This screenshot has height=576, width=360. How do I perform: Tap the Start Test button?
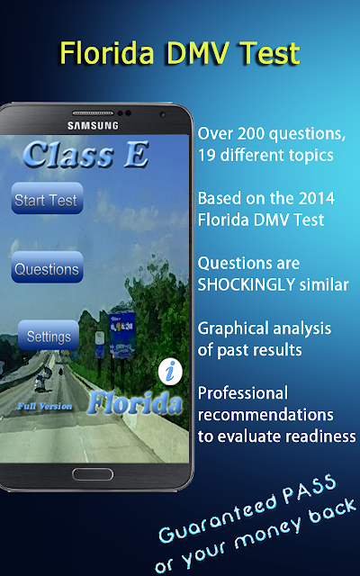(47, 198)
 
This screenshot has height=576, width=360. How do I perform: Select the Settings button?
(49, 336)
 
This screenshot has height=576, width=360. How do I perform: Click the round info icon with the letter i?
(170, 372)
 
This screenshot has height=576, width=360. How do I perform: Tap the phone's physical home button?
(93, 474)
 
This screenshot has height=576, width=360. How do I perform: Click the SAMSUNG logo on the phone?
(93, 126)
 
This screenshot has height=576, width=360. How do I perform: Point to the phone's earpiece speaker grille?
(93, 113)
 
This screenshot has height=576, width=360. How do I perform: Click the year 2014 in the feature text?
(316, 198)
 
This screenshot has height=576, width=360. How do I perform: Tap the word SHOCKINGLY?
(246, 284)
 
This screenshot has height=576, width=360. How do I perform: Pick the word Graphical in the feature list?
(234, 329)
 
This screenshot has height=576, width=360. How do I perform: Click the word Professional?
(243, 393)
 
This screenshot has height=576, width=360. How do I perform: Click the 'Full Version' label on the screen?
(45, 406)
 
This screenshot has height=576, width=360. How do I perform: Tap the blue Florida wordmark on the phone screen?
(135, 404)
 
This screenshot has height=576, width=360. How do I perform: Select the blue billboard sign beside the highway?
(122, 334)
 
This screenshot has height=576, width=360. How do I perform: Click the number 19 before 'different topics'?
(207, 156)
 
